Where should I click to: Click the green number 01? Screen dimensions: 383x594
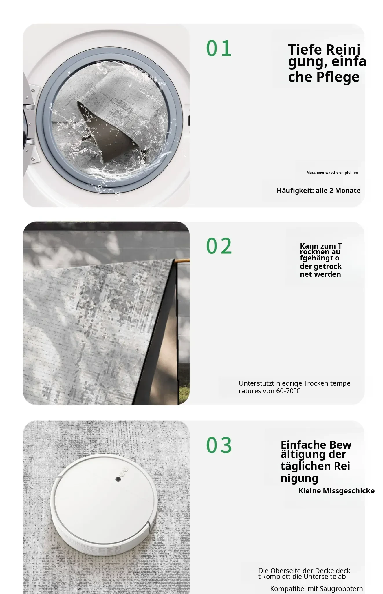[x=219, y=48]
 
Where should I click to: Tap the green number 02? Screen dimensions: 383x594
[x=219, y=246]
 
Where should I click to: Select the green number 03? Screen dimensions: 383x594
[x=219, y=445]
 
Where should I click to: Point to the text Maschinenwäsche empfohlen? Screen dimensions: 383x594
[x=332, y=172]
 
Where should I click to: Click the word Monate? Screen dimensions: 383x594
[x=348, y=191]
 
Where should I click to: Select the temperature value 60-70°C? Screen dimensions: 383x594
[x=288, y=391]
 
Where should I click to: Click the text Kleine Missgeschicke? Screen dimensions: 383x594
[x=336, y=491]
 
